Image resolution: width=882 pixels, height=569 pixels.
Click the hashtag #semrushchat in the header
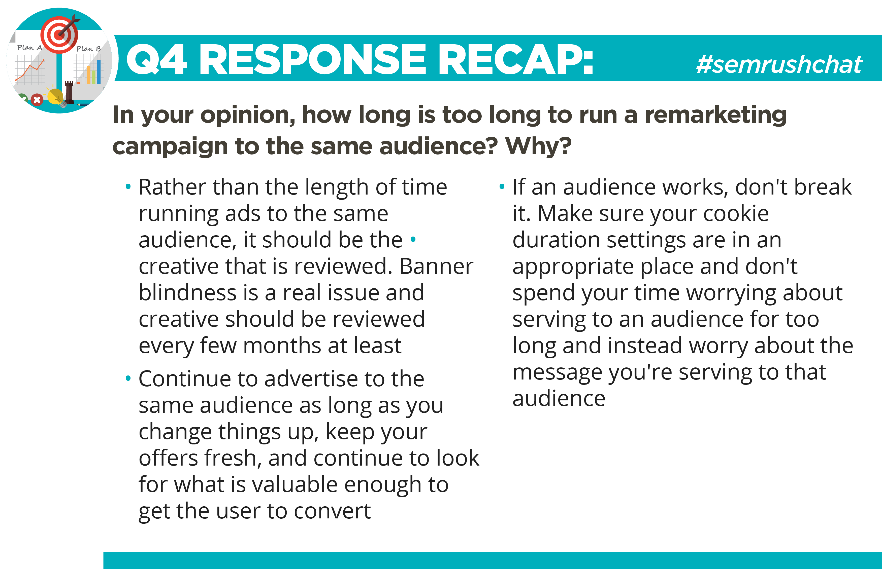[779, 64]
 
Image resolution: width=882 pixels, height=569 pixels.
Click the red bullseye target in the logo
[59, 35]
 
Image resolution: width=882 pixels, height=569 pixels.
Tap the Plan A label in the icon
[29, 47]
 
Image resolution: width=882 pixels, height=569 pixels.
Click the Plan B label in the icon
[88, 48]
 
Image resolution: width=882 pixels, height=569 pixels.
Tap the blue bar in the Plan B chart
[99, 72]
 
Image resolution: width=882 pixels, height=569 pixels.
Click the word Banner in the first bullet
[436, 266]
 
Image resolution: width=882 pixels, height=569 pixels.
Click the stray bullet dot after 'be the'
[413, 239]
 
